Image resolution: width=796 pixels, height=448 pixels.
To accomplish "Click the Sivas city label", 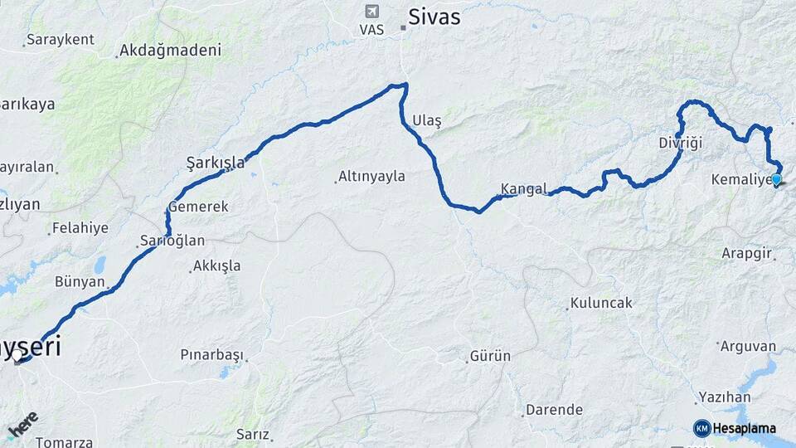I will [434, 17].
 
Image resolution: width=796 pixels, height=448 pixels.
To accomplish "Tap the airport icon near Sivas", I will [371, 12].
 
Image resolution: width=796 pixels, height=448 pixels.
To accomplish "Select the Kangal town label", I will [523, 188].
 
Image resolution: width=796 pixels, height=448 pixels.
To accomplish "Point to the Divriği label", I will [680, 143].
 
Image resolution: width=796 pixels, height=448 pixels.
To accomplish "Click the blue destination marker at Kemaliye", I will [776, 178].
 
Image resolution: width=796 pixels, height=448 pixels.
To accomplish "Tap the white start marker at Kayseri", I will [17, 356].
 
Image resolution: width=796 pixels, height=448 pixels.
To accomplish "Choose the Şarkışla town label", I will [216, 163].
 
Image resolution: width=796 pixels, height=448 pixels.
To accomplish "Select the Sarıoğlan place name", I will [172, 241].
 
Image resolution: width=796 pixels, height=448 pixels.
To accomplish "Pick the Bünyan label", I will [80, 282].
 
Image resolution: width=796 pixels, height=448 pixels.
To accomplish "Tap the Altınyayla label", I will [371, 176].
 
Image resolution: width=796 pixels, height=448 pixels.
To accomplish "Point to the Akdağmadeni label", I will [170, 51].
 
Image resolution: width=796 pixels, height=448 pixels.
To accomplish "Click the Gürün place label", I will [490, 356].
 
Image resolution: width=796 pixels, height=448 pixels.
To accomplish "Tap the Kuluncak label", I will [601, 303].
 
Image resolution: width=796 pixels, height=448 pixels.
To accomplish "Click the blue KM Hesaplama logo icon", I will [701, 428].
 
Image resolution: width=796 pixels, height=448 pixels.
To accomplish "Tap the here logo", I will [23, 425].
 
